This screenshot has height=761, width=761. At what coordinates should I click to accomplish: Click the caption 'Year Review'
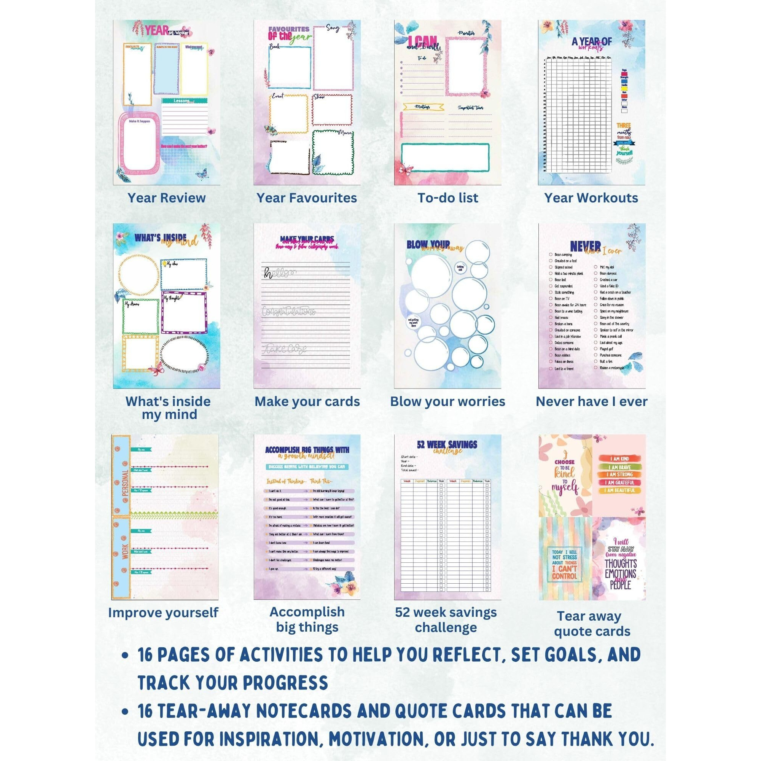[x=166, y=198]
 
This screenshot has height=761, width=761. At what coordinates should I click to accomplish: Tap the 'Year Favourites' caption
[x=306, y=198]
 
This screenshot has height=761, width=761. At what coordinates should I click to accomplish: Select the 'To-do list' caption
[x=448, y=198]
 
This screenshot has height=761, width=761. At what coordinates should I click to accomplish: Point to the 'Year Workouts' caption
[x=591, y=198]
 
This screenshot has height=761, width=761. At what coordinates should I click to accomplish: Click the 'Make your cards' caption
[x=307, y=401]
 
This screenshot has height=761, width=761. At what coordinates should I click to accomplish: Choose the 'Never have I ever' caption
[x=591, y=401]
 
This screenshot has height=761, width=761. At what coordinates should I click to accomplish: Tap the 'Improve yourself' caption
[x=163, y=613]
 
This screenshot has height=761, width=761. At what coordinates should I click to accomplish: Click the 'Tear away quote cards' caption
[x=592, y=624]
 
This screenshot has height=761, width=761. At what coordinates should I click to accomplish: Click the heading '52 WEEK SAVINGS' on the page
[x=447, y=445]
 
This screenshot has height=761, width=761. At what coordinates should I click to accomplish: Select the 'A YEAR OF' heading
[x=592, y=41]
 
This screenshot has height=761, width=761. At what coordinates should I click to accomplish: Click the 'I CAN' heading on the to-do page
[x=422, y=42]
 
